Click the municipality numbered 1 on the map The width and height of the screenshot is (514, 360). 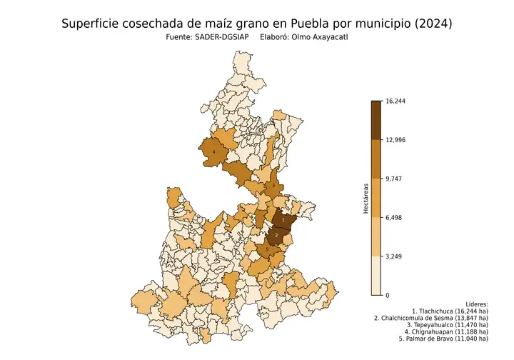(x=283, y=221)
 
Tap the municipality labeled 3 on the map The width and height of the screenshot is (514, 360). (x=273, y=186)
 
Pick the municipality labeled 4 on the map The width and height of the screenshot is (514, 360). (x=213, y=151)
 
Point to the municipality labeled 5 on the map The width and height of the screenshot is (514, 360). (x=267, y=249)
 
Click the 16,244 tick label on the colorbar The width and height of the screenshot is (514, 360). (x=395, y=101)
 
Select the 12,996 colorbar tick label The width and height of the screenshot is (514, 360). (x=395, y=140)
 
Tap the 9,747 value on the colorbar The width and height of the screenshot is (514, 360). (x=394, y=179)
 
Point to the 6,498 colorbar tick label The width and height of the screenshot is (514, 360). (x=394, y=218)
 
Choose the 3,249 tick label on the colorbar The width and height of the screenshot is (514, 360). (x=394, y=256)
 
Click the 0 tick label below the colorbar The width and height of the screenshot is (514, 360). (x=388, y=295)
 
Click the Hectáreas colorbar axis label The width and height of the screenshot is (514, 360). (x=364, y=198)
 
